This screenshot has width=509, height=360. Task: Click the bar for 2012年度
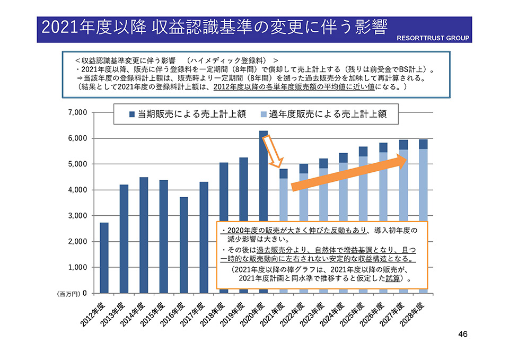tap(104, 257)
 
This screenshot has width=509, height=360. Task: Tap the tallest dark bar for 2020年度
tap(263, 175)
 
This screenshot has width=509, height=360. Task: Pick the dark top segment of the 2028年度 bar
tap(423, 144)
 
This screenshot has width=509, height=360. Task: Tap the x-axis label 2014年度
tap(134, 313)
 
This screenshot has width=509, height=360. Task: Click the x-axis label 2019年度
tap(234, 313)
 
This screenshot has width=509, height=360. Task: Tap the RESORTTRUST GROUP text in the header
tap(433, 38)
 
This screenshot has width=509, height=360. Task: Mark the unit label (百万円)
tap(68, 293)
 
